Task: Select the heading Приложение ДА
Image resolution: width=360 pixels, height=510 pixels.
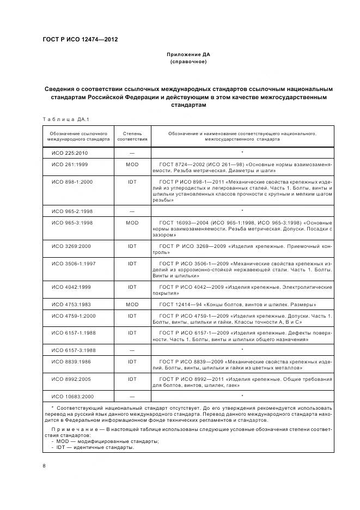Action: [x=188, y=55]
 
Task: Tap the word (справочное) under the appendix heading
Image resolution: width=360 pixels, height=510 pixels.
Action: [x=188, y=62]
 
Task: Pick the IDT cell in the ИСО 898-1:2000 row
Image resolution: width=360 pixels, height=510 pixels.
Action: [x=132, y=181]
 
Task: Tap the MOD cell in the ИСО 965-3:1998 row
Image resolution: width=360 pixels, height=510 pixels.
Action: [x=132, y=222]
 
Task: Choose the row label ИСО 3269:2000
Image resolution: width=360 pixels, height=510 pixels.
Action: [x=71, y=246]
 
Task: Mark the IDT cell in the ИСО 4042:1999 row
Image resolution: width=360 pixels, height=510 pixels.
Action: [x=132, y=287]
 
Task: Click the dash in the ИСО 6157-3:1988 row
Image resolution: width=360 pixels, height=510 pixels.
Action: [x=132, y=350]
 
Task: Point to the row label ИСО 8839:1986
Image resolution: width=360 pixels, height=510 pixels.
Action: [x=71, y=361]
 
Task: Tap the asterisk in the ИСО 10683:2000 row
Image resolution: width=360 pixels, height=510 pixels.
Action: [x=242, y=396]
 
